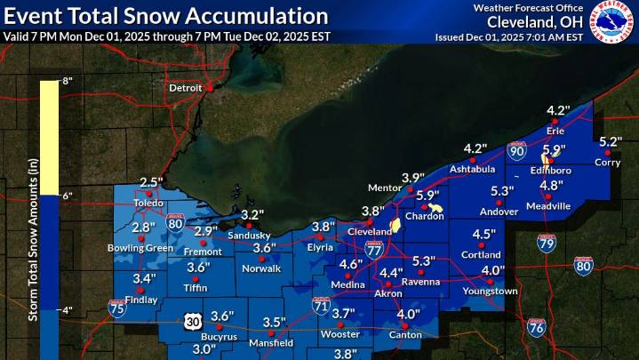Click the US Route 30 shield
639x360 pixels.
coord(195,319)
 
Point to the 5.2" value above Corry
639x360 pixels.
coord(610,142)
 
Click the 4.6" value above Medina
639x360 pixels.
coord(350,264)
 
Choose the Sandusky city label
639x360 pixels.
coord(252,235)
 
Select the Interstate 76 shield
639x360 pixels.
coord(536,327)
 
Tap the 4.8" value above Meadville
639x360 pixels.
coord(552,185)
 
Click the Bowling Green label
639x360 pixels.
coord(140,248)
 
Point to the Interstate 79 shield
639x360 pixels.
coord(547,243)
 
